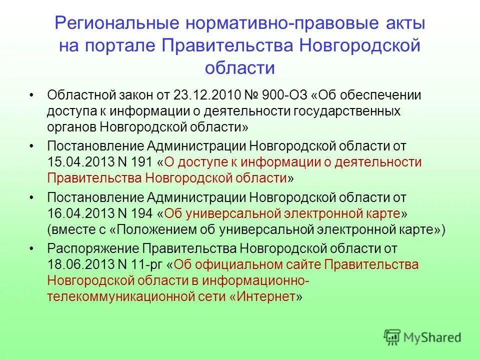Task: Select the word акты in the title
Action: tap(402, 24)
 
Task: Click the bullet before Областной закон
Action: tap(31, 95)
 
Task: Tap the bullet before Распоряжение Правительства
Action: tap(31, 248)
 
